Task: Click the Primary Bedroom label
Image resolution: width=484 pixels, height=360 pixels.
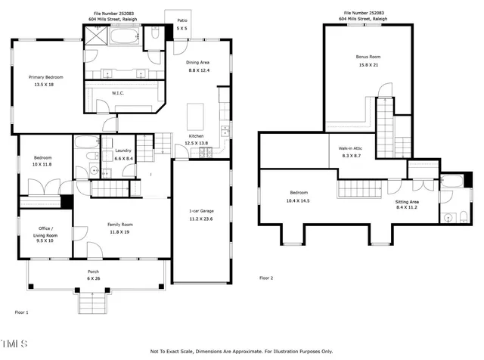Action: point(45,77)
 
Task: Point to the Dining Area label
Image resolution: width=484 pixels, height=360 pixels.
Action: point(198,62)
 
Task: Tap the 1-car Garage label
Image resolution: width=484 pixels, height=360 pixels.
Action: point(200,211)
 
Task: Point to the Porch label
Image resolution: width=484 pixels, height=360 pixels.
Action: point(94,272)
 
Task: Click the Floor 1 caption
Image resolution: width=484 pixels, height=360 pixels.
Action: point(21,312)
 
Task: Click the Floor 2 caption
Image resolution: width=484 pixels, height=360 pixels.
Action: point(266,278)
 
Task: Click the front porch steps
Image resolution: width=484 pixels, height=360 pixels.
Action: point(94,303)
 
